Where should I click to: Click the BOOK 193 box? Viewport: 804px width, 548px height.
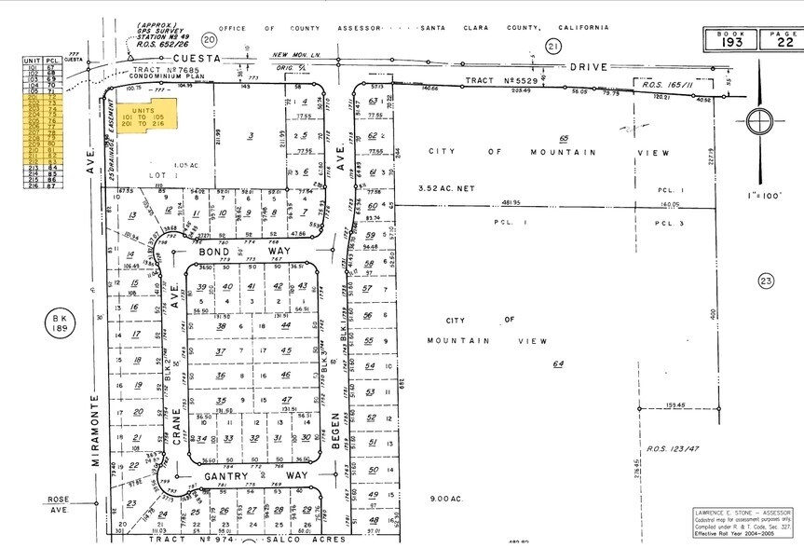coord(727,39)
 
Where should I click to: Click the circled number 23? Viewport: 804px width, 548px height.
coord(767,281)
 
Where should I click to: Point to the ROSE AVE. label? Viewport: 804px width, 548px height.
coord(60,504)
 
